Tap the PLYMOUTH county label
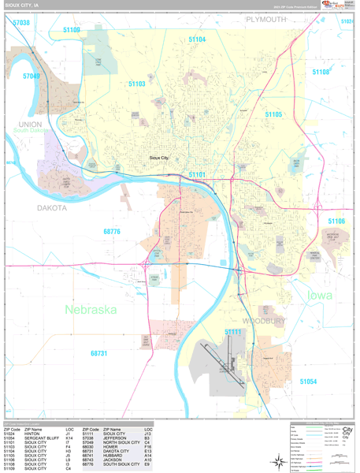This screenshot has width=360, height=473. (x=266, y=18)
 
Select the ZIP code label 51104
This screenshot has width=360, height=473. (x=197, y=39)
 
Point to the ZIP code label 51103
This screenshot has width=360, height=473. (x=138, y=83)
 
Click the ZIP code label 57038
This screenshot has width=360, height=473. (x=21, y=23)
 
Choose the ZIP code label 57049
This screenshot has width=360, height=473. (x=32, y=76)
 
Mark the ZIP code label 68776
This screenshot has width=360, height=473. (x=112, y=231)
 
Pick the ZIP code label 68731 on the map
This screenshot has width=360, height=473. (x=100, y=353)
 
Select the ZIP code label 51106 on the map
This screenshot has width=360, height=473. (x=336, y=222)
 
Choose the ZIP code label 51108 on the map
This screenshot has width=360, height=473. (x=321, y=72)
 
